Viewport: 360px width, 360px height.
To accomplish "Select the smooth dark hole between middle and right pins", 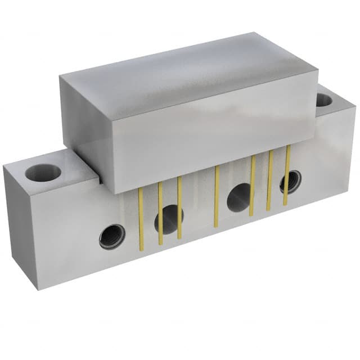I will coord(238,197).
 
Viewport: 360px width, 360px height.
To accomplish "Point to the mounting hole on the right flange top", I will coord(324,100).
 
